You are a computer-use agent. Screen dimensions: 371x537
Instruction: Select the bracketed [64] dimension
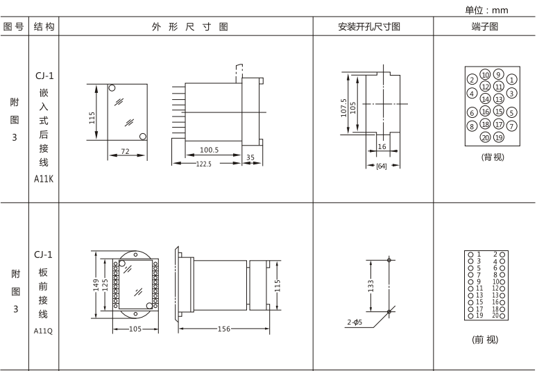click(x=381, y=167)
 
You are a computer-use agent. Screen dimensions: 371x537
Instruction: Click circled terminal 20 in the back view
click(x=485, y=137)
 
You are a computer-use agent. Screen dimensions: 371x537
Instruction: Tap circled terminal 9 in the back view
click(x=499, y=73)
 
